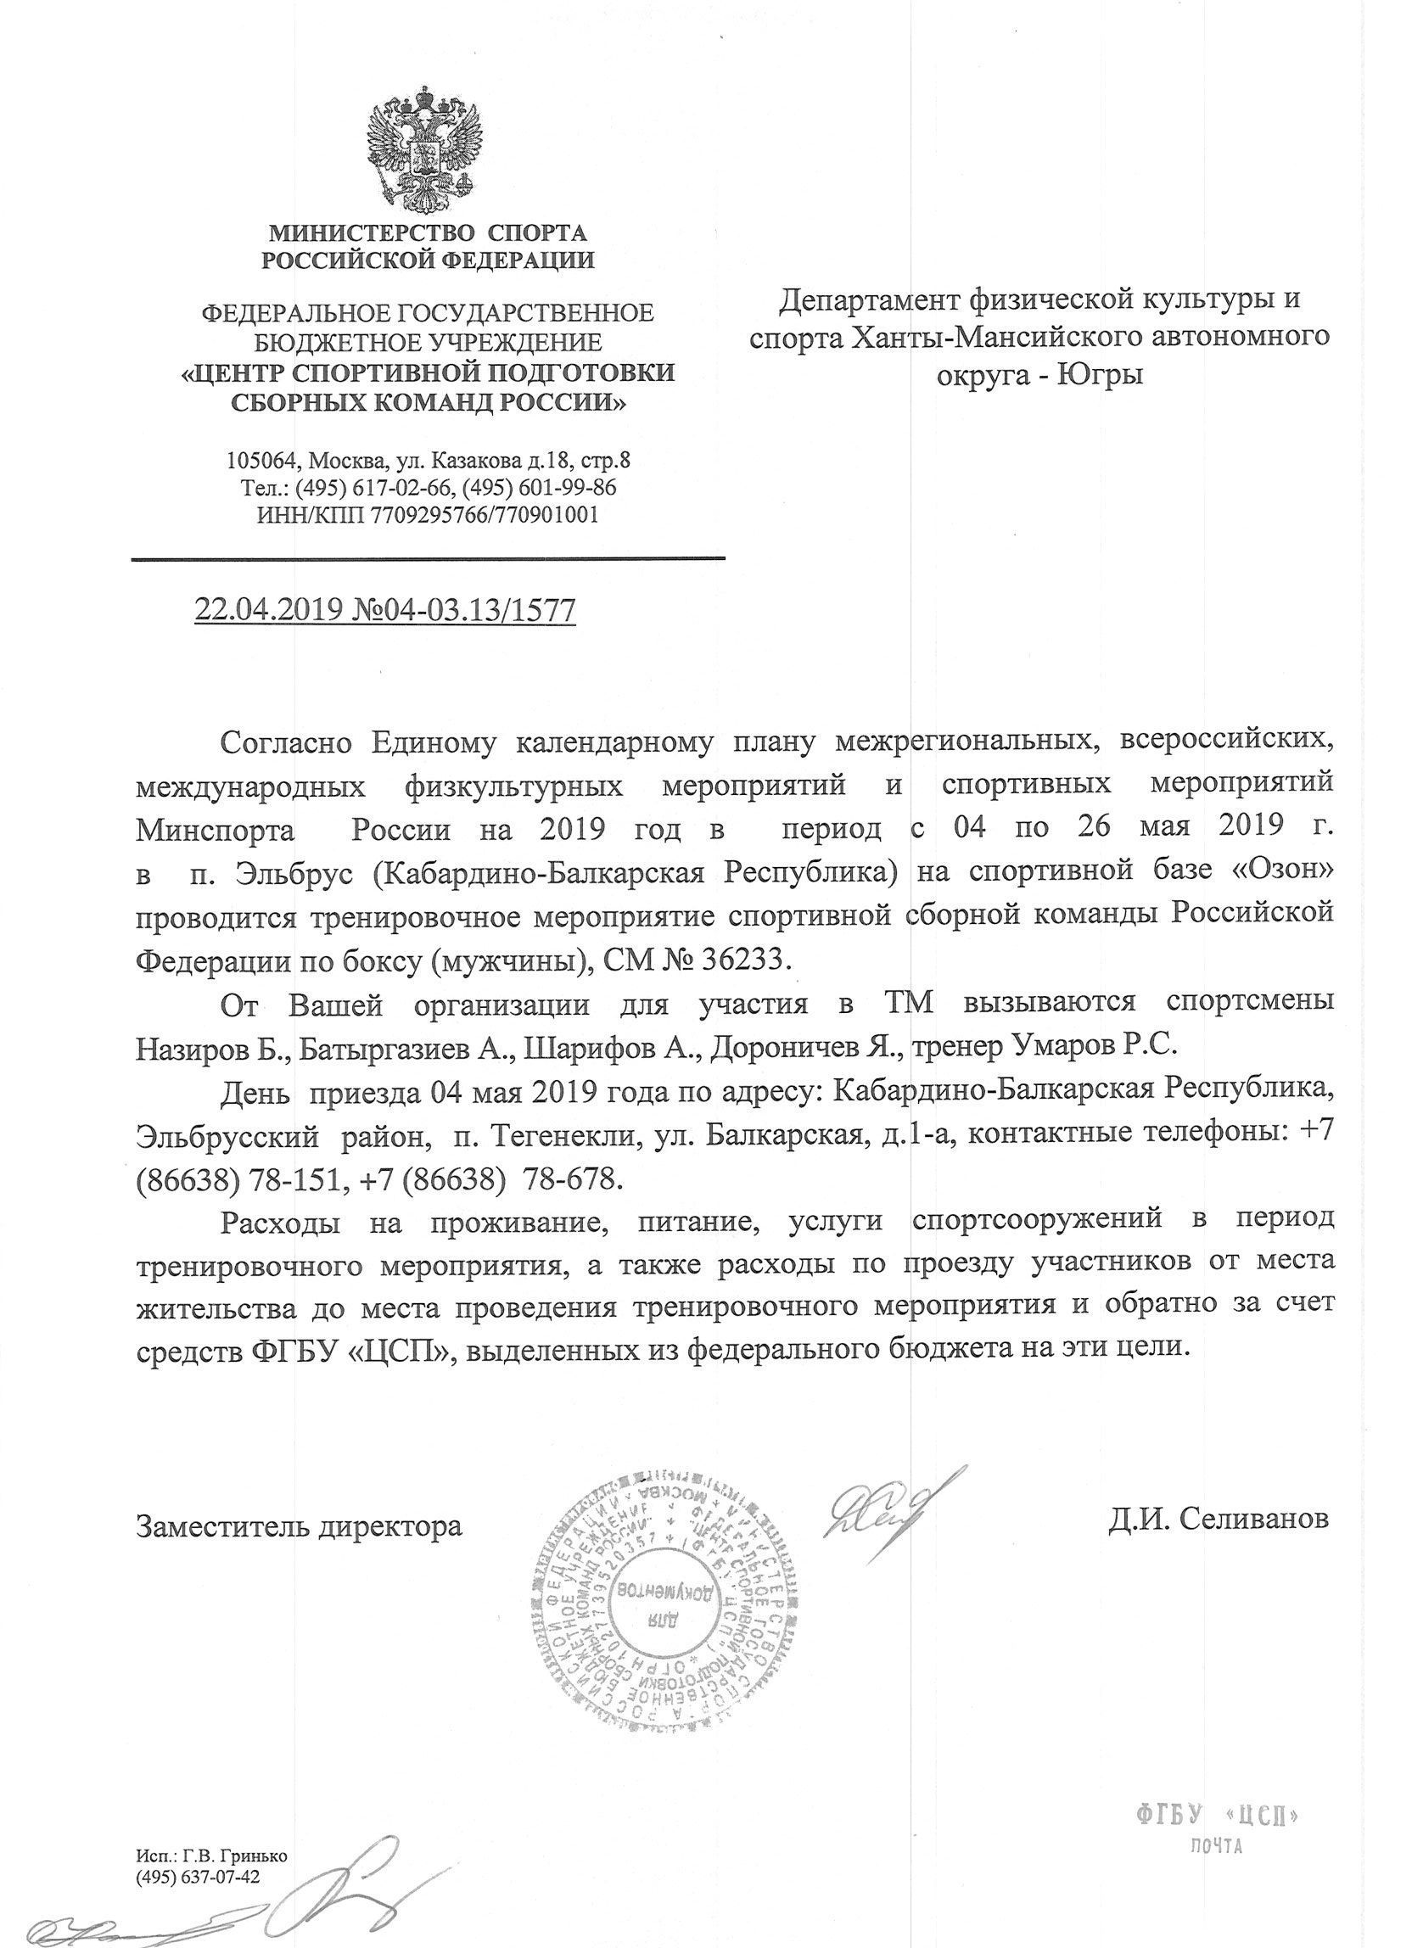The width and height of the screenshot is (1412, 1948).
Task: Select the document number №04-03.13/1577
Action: click(x=465, y=610)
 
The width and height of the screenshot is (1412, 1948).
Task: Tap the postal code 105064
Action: click(x=258, y=461)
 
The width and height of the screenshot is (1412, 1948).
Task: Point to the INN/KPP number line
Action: click(x=428, y=514)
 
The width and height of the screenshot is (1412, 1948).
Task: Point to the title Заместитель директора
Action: click(x=299, y=1525)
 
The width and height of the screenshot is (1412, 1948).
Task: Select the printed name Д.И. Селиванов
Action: click(x=1218, y=1519)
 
